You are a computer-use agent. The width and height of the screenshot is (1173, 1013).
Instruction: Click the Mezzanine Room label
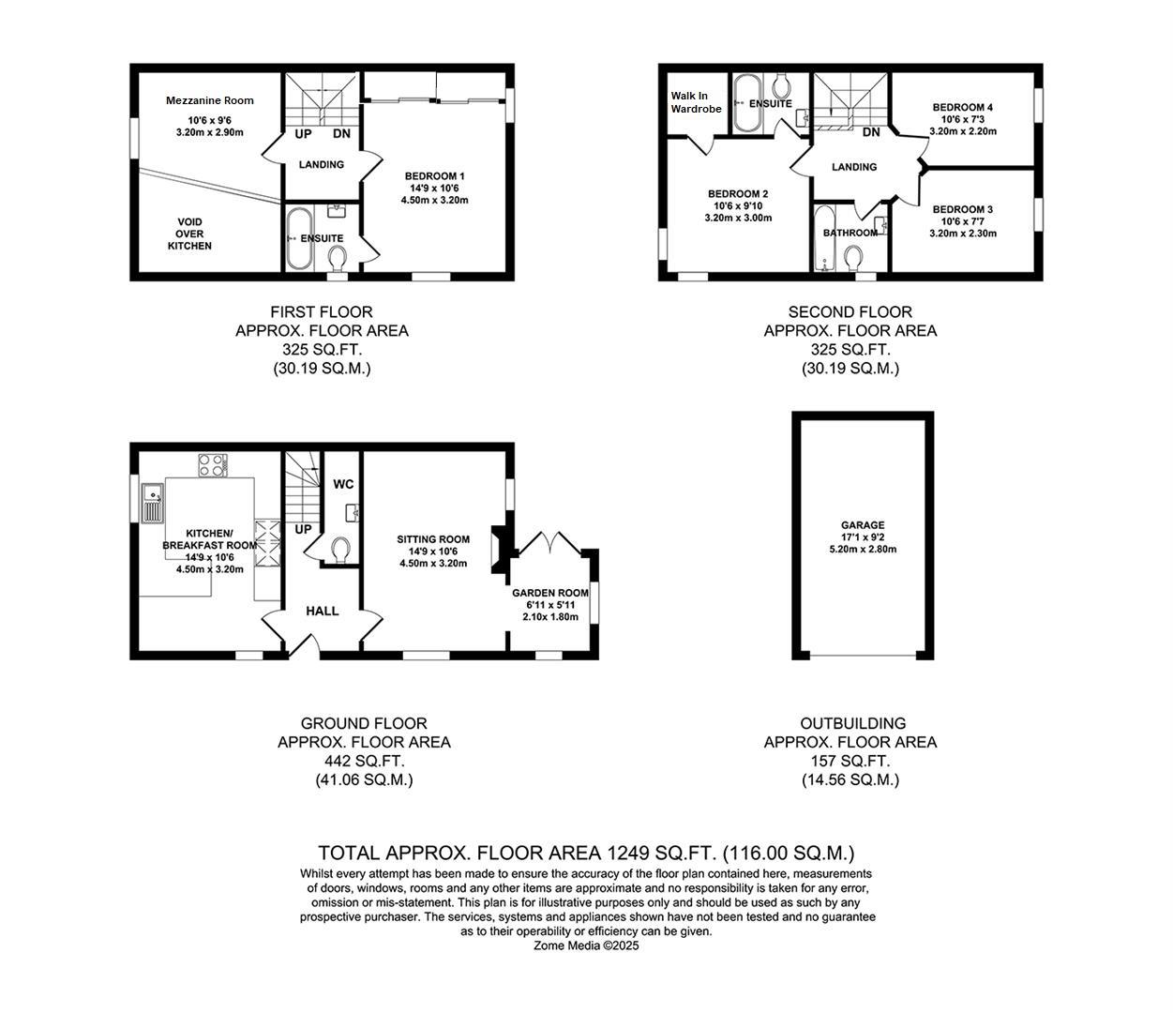coord(209,100)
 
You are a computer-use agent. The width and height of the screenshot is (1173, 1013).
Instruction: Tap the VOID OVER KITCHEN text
coord(189,234)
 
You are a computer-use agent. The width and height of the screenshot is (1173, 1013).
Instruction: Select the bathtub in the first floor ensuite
coord(299,238)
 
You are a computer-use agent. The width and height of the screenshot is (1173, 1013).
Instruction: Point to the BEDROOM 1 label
coord(434,176)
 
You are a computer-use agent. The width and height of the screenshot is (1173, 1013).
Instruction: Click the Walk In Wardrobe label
coord(696,102)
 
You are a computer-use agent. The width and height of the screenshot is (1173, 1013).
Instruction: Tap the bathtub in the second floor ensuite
coord(748,103)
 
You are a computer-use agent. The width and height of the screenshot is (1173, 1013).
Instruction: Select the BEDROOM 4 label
coord(962,108)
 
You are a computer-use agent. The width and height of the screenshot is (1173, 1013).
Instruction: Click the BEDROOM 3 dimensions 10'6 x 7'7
coord(963,221)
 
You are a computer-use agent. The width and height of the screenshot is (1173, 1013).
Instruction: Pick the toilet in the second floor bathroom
coord(853,256)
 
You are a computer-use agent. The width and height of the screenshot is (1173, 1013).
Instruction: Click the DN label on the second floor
coord(871,132)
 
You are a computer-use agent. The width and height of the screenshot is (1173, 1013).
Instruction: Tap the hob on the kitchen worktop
coord(213,462)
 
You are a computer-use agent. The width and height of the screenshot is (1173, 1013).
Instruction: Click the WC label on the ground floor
coord(343,484)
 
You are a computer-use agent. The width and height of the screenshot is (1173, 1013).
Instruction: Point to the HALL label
coord(322,611)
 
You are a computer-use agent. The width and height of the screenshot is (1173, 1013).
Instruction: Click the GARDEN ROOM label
coord(549,593)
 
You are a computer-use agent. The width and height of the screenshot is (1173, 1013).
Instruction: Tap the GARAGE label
coord(862,525)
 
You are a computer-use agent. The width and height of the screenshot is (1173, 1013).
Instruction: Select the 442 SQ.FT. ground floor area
coord(364,761)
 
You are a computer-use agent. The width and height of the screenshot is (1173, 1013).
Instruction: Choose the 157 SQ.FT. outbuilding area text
coord(850,761)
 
